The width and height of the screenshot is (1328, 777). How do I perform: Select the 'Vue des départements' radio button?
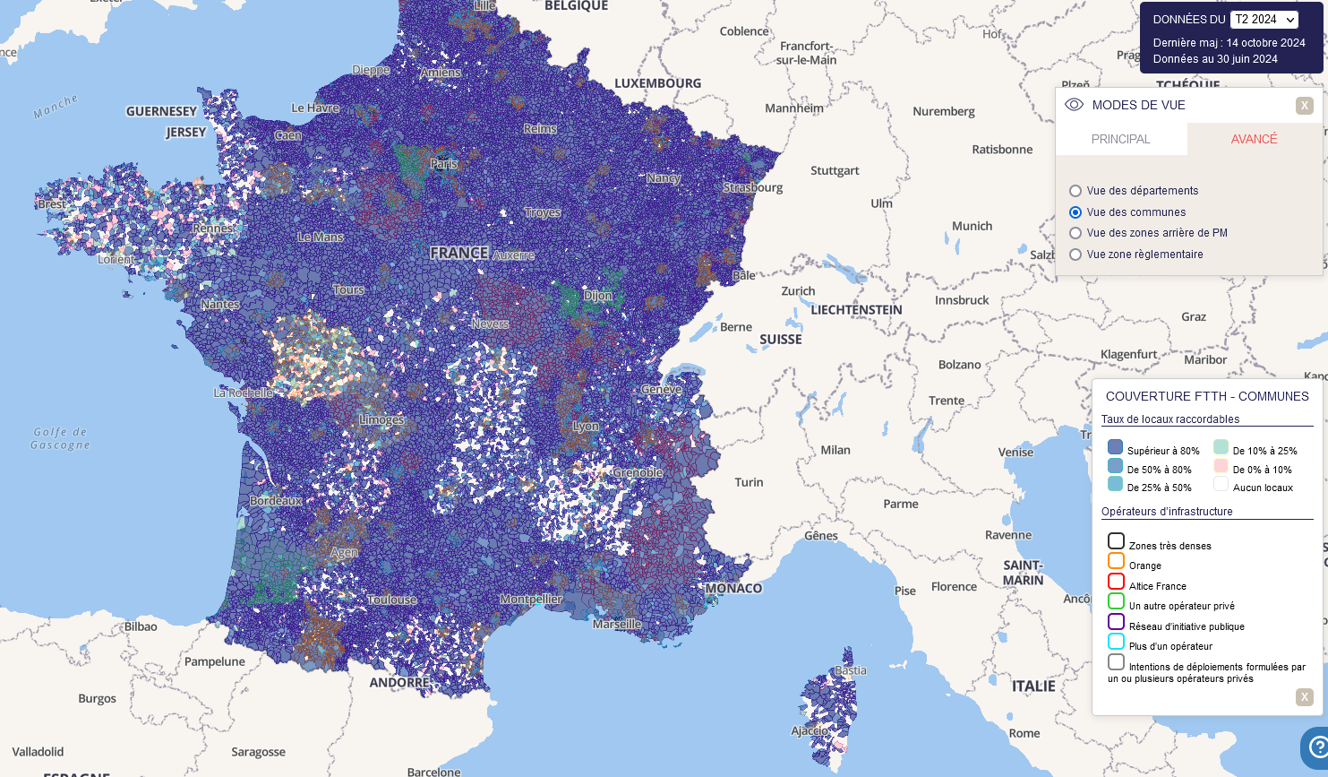click(1075, 191)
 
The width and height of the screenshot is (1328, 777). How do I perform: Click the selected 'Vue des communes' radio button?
click(1075, 212)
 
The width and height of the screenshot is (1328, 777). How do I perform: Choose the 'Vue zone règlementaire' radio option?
click(1075, 255)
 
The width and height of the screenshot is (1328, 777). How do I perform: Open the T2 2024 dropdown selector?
click(1264, 20)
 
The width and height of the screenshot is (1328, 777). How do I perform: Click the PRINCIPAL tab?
click(1120, 139)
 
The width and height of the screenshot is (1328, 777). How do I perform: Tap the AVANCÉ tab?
click(1254, 139)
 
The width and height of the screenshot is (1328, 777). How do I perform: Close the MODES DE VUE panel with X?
click(1304, 106)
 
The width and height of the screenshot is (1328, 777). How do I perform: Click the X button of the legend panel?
click(1304, 697)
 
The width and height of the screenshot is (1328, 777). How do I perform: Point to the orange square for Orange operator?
click(1116, 561)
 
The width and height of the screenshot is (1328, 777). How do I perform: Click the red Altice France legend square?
click(1116, 582)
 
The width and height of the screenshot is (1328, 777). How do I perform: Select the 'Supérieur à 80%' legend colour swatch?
click(1115, 447)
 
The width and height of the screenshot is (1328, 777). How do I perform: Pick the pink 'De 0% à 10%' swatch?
click(1221, 466)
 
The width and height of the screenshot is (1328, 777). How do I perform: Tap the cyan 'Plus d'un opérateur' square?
click(1116, 642)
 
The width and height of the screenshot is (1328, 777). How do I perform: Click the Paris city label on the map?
click(443, 164)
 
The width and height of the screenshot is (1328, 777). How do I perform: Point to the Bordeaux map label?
click(276, 501)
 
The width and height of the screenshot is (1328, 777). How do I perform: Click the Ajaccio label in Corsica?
click(810, 731)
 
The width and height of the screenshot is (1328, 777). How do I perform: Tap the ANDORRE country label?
click(399, 683)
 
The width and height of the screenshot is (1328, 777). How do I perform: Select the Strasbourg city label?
click(753, 188)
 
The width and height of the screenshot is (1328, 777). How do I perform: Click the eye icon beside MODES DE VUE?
click(1074, 105)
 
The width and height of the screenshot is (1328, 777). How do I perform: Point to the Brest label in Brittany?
click(51, 204)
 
